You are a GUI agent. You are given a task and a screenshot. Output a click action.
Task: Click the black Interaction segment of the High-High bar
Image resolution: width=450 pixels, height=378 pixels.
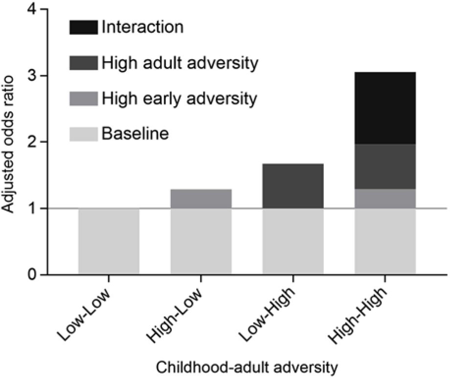point(385,108)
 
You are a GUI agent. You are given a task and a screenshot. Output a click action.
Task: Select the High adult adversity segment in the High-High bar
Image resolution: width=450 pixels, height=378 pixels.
point(385,166)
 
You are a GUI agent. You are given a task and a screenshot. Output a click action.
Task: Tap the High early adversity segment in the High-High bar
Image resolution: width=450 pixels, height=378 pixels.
point(385,199)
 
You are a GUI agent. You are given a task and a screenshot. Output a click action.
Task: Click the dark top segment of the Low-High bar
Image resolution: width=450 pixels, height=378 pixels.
point(293,186)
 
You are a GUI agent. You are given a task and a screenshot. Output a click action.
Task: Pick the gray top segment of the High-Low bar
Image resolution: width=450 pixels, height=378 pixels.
point(201,199)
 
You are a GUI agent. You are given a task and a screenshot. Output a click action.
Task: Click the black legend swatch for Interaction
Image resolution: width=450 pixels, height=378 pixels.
point(83,26)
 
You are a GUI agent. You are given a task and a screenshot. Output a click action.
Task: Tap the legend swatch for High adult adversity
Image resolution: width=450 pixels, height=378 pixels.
point(83,62)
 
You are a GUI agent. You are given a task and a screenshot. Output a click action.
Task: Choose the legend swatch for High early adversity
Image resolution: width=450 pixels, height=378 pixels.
point(83,98)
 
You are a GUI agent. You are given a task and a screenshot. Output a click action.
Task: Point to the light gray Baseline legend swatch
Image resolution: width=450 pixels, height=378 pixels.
point(83,134)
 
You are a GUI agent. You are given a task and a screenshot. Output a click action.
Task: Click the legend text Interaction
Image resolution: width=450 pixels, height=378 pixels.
point(142,26)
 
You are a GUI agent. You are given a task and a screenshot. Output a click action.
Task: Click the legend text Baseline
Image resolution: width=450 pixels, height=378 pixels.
point(135,134)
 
